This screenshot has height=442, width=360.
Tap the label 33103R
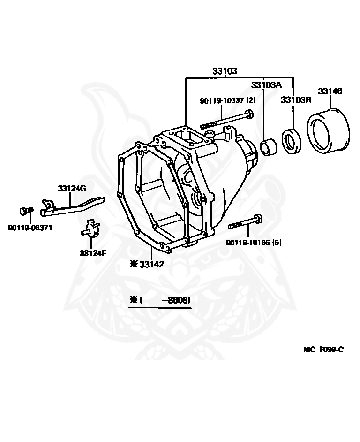[x=296, y=99]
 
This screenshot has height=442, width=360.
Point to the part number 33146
[x=330, y=91]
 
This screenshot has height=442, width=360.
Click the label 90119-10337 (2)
[x=227, y=100]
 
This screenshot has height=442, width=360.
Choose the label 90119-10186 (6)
[x=254, y=243]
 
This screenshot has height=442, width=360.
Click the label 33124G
[x=72, y=189]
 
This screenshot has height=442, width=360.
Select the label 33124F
[x=93, y=253]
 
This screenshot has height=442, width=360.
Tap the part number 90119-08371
[x=30, y=228]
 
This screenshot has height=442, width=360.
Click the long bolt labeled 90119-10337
[x=227, y=120]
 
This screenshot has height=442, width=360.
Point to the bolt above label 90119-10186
[x=246, y=222]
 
